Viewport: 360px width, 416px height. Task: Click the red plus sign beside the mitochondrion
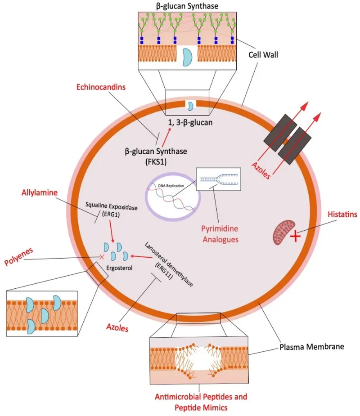[295, 236]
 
